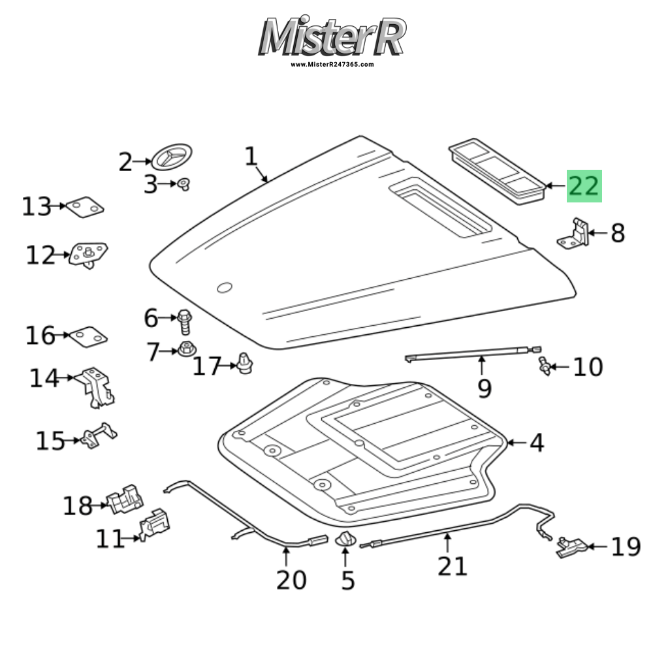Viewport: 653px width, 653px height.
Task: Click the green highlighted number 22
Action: tap(583, 186)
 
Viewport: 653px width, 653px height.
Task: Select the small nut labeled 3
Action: tap(183, 184)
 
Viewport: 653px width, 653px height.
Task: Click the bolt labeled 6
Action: tap(183, 321)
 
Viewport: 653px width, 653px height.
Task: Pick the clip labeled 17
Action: tap(245, 364)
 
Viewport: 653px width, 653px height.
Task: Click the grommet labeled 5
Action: tap(345, 540)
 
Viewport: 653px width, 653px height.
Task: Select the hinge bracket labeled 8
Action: tap(574, 234)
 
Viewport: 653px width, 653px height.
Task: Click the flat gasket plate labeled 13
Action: tap(86, 207)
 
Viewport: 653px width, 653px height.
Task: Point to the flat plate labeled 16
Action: tap(88, 336)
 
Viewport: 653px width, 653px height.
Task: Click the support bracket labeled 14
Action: tap(97, 386)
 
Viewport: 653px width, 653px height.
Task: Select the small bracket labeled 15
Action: tap(99, 436)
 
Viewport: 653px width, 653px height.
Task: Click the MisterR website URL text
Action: tap(332, 65)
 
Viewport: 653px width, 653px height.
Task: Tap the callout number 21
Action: tap(453, 565)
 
